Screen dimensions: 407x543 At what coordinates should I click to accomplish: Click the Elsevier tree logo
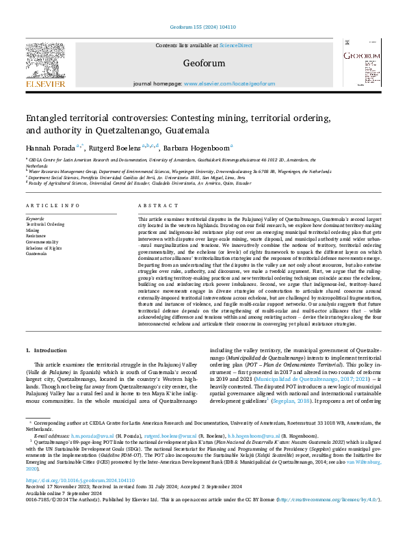pyautogui.click(x=46, y=64)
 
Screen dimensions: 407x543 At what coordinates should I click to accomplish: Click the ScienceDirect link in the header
pyautogui.click(x=235, y=45)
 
